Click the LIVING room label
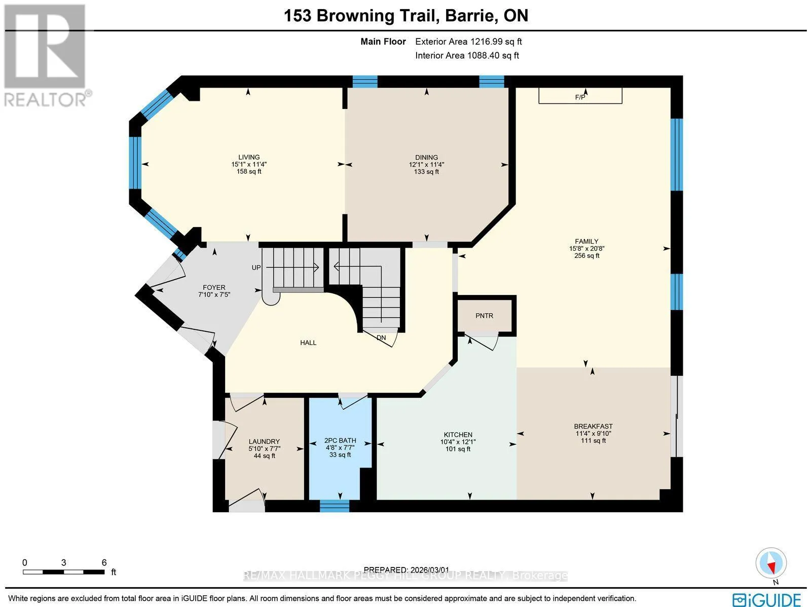(249, 157)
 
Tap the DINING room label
(426, 157)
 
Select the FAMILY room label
(586, 241)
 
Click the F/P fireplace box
(580, 96)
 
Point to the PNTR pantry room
(485, 316)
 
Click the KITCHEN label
(458, 435)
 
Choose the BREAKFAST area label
(594, 426)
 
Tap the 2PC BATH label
(340, 440)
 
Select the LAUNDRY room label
(264, 441)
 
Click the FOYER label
(214, 287)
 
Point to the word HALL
(308, 343)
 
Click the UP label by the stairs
(256, 268)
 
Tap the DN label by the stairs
(381, 337)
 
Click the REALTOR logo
(46, 55)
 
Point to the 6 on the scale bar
(104, 562)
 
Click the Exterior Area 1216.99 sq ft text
(468, 42)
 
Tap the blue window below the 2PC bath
(335, 506)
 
